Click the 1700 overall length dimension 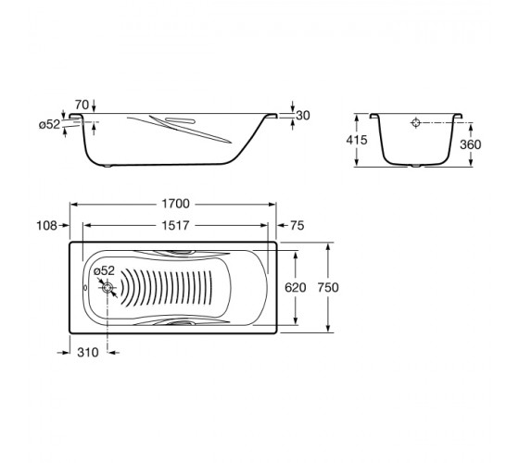point(175,204)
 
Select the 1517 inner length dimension point(175,226)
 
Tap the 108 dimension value point(46,226)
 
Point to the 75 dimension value point(297,226)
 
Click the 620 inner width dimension point(296,287)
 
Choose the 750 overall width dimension point(328,287)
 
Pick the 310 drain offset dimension point(88,353)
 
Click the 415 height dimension point(357,140)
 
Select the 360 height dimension point(471,144)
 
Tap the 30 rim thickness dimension point(303,116)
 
